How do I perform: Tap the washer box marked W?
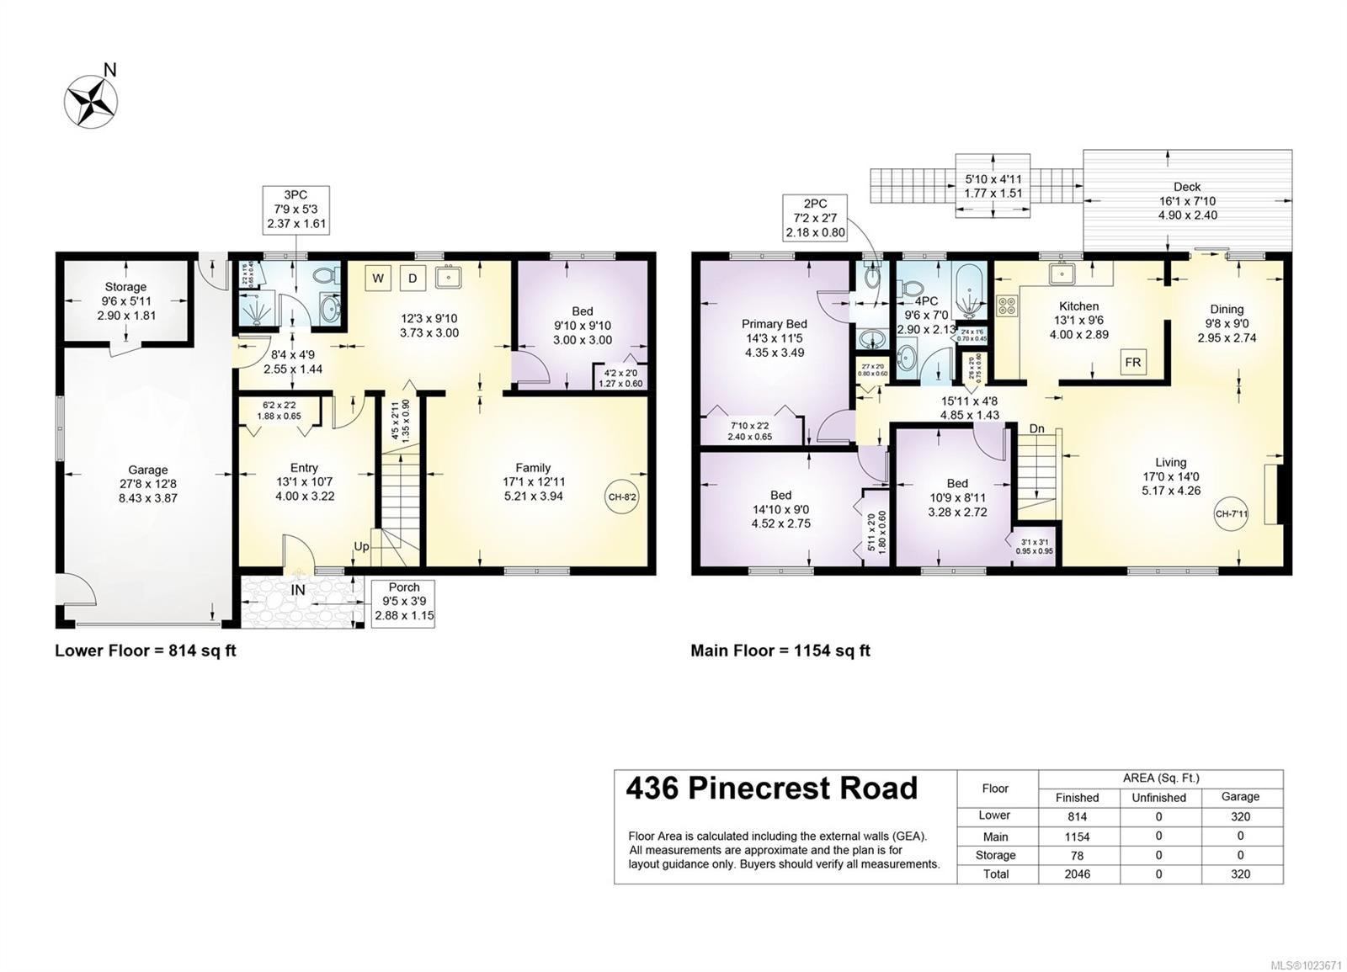[378, 278]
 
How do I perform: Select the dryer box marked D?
[413, 278]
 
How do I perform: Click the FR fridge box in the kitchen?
[1132, 363]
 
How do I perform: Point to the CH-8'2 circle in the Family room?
[622, 497]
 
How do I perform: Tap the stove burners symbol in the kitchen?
[1006, 305]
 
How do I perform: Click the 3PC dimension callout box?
[295, 209]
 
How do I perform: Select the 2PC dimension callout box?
[815, 218]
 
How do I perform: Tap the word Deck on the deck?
[1187, 187]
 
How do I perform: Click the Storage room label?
[125, 287]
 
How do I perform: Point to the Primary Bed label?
[774, 324]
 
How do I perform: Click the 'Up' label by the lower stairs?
[361, 546]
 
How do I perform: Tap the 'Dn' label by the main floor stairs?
[1036, 428]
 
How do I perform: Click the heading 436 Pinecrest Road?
[771, 789]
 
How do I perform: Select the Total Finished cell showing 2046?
[1077, 874]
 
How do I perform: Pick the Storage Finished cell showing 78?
[1077, 855]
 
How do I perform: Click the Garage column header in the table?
[1240, 796]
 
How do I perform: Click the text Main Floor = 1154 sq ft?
[780, 651]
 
